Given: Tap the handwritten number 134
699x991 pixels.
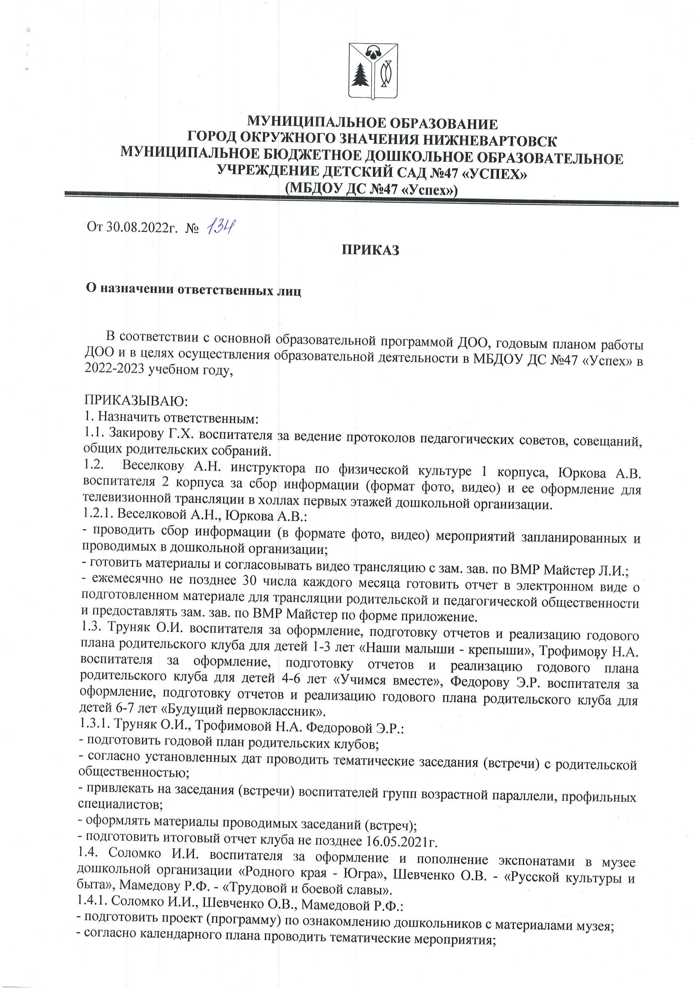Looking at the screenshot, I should pyautogui.click(x=221, y=226).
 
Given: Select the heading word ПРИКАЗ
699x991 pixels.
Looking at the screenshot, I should pyautogui.click(x=371, y=250).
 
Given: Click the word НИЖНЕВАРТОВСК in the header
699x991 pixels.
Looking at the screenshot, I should pyautogui.click(x=490, y=140).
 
